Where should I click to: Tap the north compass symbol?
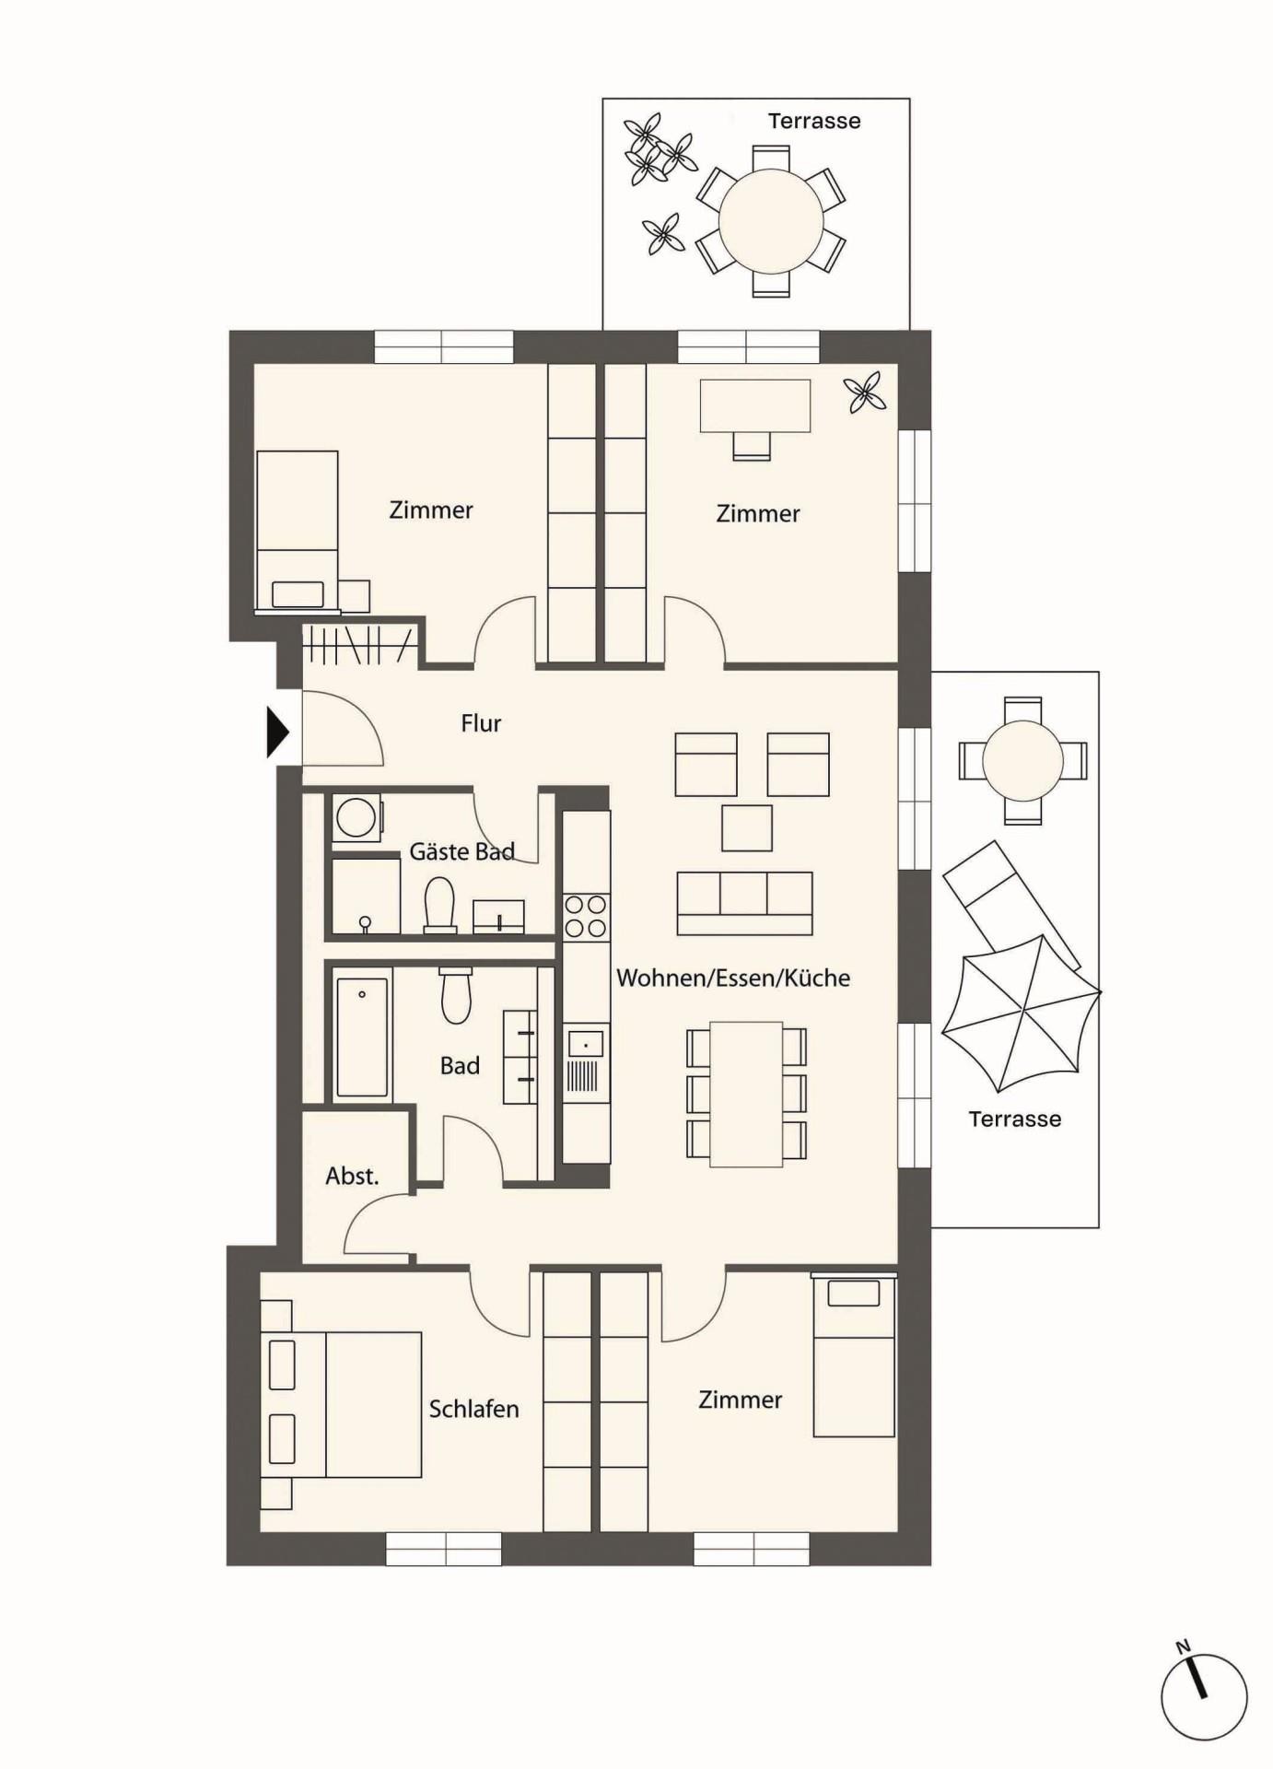pyautogui.click(x=1203, y=1695)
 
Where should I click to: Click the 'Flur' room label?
pyautogui.click(x=481, y=723)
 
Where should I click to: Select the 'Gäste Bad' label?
pyautogui.click(x=461, y=850)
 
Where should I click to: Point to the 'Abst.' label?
pyautogui.click(x=352, y=1176)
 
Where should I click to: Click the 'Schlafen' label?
pyautogui.click(x=473, y=1408)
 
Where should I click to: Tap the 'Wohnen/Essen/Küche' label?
pyautogui.click(x=733, y=978)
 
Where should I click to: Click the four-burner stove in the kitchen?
pyautogui.click(x=586, y=917)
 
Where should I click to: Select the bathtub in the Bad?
pyautogui.click(x=362, y=1037)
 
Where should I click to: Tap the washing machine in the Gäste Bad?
pyautogui.click(x=356, y=817)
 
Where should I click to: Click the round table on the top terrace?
pyautogui.click(x=771, y=221)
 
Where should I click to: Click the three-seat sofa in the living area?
pyautogui.click(x=744, y=904)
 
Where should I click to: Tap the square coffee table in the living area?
pyautogui.click(x=747, y=827)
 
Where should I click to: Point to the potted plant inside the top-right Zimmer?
pyautogui.click(x=865, y=393)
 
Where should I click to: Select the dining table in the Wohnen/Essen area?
pyautogui.click(x=746, y=1095)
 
